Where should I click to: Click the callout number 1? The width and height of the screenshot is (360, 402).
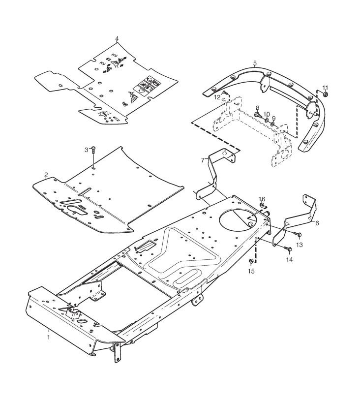(48, 337)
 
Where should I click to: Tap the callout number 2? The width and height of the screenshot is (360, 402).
(46, 175)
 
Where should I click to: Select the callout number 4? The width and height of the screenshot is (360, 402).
(117, 38)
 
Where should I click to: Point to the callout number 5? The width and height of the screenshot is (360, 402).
(255, 63)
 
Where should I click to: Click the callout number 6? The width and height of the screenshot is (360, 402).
(317, 223)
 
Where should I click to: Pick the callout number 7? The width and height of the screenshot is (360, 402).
(202, 160)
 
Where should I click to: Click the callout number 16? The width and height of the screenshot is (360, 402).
(262, 198)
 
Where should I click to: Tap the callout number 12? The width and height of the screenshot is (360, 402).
(217, 97)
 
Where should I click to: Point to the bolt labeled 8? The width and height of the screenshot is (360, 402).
(257, 115)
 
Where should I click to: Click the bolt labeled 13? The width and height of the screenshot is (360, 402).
(298, 234)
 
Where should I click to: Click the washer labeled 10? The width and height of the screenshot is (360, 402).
(267, 120)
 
